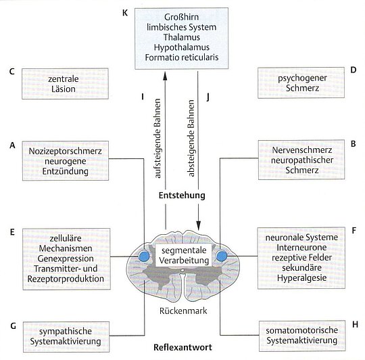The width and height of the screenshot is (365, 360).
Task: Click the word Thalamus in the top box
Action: coord(182,37)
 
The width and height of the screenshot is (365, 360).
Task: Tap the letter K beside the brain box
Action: coord(125,13)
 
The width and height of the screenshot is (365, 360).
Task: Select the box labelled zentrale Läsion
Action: coord(65,84)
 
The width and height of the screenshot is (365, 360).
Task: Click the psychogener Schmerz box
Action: coord(301,83)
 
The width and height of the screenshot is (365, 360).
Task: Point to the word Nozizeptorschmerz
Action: coord(66,151)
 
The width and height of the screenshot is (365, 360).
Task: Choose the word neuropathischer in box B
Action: coord(302,160)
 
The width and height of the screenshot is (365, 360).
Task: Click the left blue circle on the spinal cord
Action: coord(145,256)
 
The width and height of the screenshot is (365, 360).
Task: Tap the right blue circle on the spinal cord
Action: coord(222,256)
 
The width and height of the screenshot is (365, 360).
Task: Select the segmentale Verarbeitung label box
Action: coord(184,255)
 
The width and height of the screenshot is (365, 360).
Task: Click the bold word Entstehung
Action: coord(182,196)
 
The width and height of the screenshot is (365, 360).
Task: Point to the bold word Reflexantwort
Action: coord(182,347)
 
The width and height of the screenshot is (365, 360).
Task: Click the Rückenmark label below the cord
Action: coord(183,311)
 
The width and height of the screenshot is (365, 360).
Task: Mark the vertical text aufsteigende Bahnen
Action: coord(157,139)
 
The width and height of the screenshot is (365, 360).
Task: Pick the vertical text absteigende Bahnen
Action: coord(191,139)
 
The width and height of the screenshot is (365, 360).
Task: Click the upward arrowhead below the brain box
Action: coord(166,75)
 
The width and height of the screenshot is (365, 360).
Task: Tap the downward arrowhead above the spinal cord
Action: coord(198,225)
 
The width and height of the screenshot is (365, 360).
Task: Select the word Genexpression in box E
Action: coord(66,258)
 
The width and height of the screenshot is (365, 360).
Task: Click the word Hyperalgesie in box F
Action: coord(301,278)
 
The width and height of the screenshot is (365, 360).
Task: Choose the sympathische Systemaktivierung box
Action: coord(66,337)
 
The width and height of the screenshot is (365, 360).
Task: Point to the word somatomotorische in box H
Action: coord(302,330)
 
